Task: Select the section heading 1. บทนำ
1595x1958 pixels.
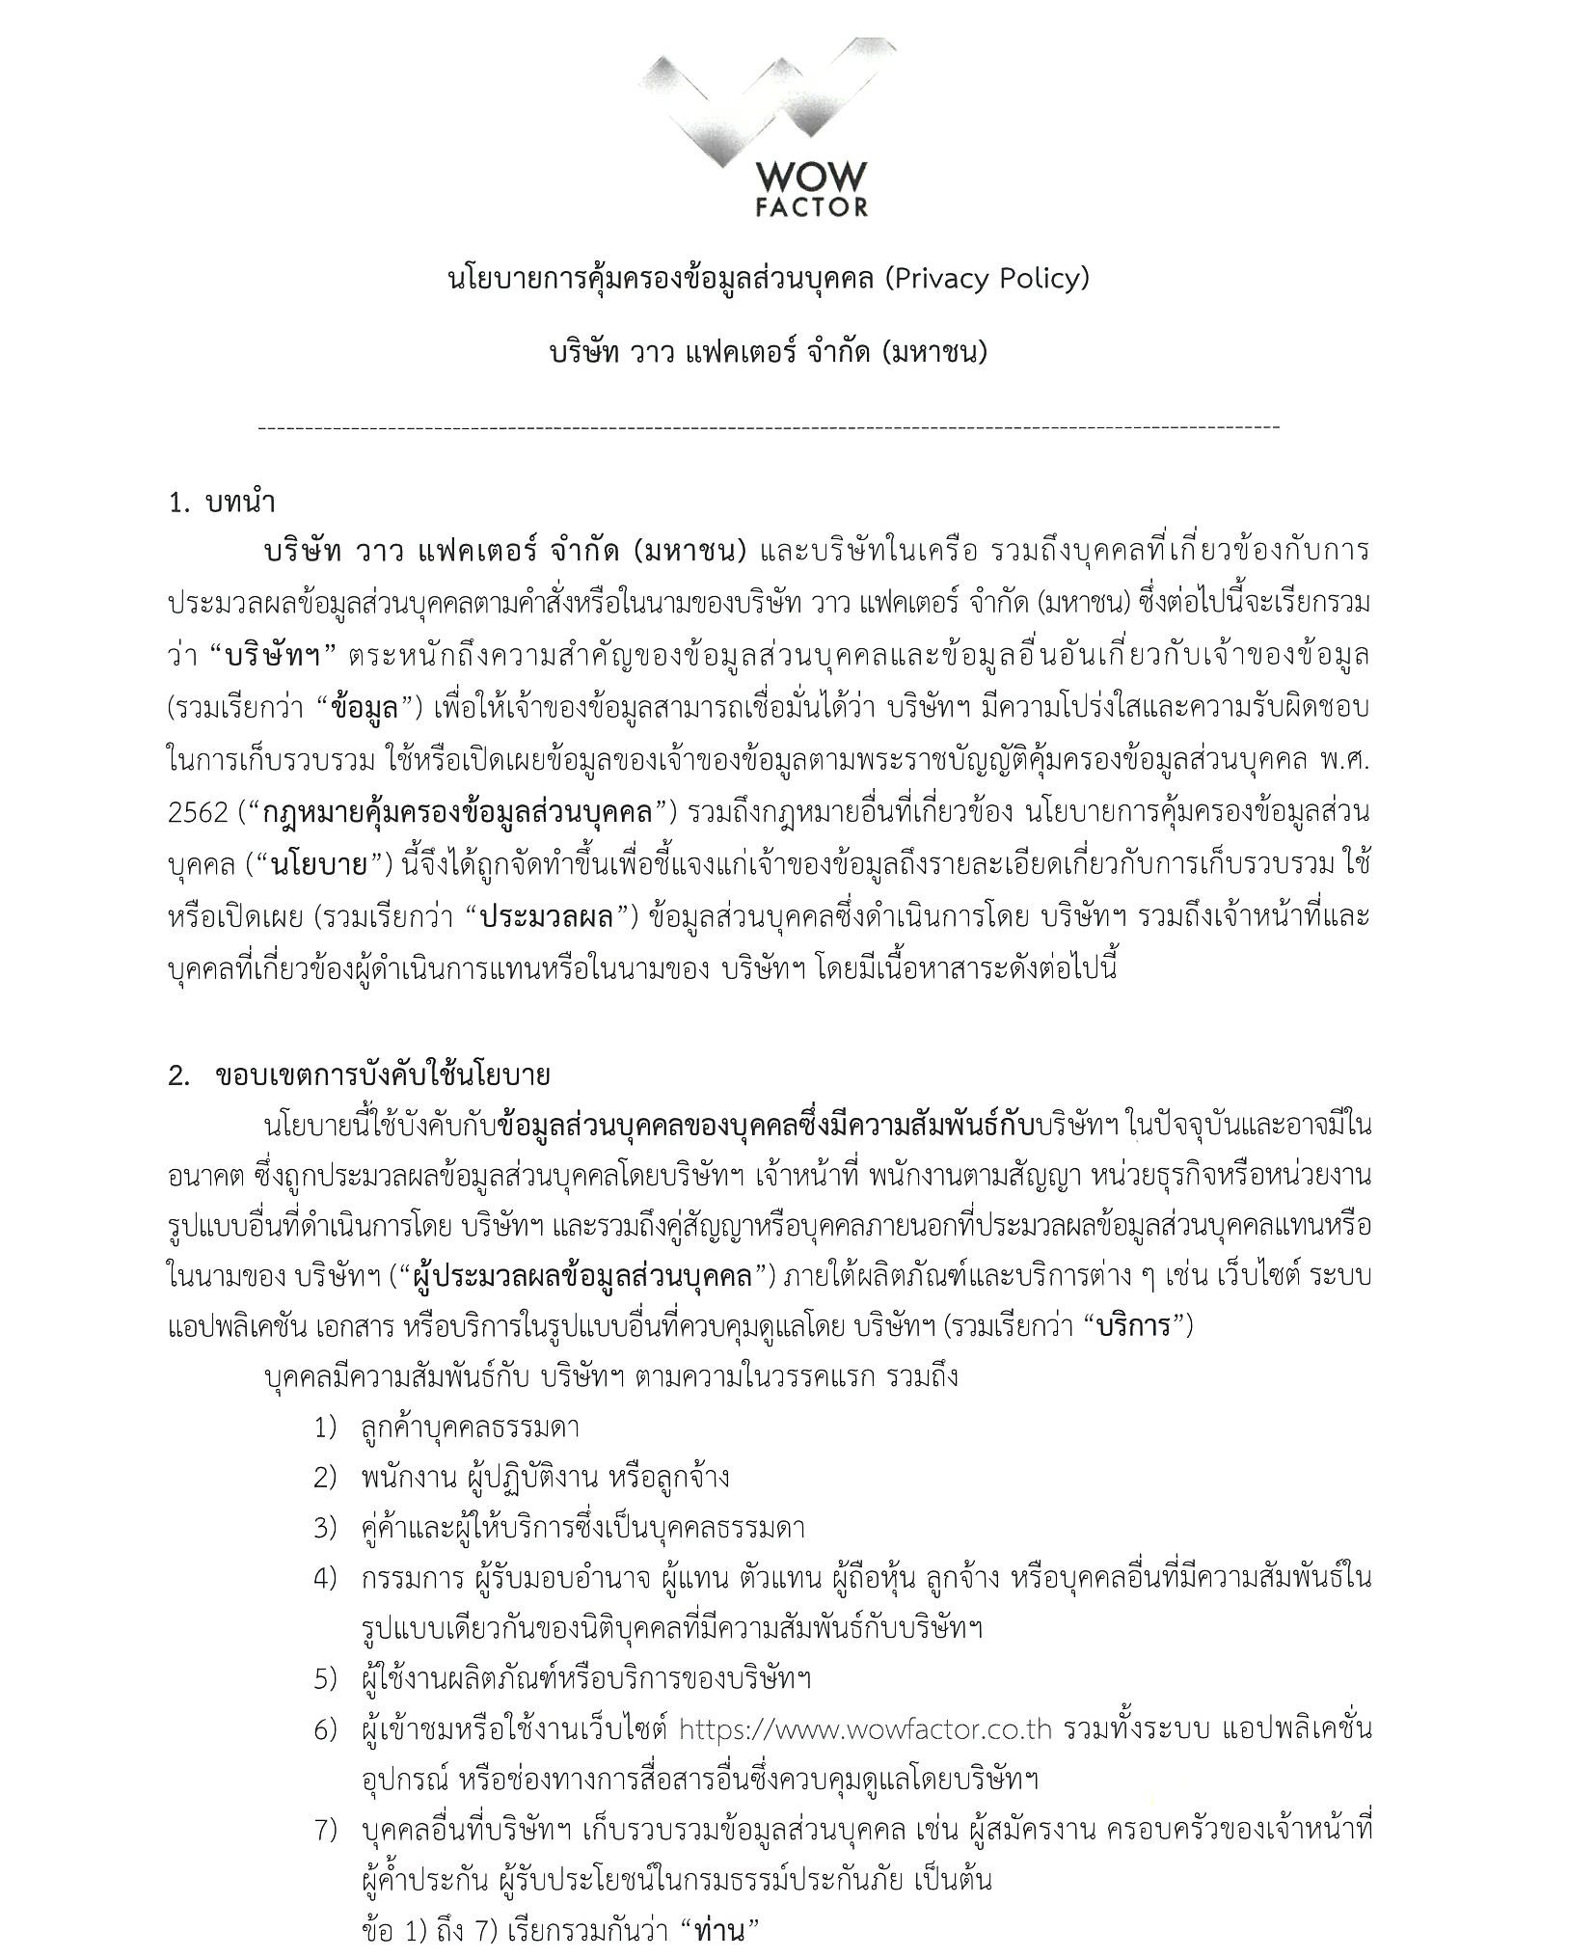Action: (221, 503)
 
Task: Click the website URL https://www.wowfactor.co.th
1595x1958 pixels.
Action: (864, 1728)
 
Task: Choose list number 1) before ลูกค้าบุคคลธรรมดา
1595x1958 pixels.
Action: (325, 1428)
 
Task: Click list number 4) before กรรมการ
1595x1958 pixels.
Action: (325, 1578)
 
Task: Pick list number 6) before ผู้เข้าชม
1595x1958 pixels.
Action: (325, 1728)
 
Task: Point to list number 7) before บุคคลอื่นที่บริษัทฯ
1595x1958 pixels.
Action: (325, 1829)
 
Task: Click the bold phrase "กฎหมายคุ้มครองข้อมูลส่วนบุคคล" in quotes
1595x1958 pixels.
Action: (464, 812)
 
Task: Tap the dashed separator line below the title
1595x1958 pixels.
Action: (769, 427)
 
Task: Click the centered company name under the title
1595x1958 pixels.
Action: (769, 353)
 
